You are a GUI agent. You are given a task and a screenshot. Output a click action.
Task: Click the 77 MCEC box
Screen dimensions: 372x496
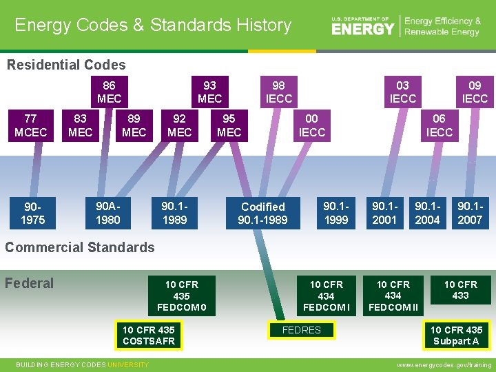pyautogui.click(x=30, y=125)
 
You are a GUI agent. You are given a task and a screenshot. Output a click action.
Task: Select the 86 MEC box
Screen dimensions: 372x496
pyautogui.click(x=109, y=92)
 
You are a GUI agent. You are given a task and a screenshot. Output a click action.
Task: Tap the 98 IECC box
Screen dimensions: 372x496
pyautogui.click(x=278, y=92)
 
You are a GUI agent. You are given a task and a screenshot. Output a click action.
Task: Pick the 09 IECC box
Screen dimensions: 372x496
pyautogui.click(x=474, y=92)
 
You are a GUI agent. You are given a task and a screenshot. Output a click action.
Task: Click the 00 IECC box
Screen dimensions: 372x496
pyautogui.click(x=311, y=125)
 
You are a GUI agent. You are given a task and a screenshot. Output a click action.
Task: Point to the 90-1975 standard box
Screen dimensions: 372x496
pyautogui.click(x=33, y=213)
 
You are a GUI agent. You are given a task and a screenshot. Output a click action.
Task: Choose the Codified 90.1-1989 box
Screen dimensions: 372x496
pyautogui.click(x=262, y=213)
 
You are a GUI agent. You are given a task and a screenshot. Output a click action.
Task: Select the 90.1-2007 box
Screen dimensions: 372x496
pyautogui.click(x=470, y=213)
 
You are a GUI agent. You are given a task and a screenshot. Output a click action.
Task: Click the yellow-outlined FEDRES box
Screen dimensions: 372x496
pyautogui.click(x=302, y=330)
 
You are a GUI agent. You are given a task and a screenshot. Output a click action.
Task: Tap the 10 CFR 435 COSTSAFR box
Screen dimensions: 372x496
pyautogui.click(x=149, y=335)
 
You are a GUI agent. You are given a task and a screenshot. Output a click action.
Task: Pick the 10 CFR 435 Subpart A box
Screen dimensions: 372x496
pyautogui.click(x=455, y=335)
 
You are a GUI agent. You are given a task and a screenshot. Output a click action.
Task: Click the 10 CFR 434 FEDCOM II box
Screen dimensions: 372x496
pyautogui.click(x=393, y=296)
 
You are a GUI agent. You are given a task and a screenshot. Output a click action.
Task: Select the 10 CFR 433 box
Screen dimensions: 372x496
pyautogui.click(x=460, y=290)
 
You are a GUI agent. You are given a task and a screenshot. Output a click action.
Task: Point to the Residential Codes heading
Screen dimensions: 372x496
pyautogui.click(x=66, y=65)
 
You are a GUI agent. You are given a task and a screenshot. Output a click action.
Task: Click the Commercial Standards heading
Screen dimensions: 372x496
pyautogui.click(x=80, y=247)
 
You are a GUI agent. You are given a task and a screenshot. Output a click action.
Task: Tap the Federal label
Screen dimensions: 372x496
pyautogui.click(x=29, y=283)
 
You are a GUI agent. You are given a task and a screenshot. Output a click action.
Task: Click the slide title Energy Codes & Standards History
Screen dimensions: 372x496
pyautogui.click(x=153, y=25)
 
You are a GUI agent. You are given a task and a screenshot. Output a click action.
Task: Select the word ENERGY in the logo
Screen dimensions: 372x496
pyautogui.click(x=362, y=28)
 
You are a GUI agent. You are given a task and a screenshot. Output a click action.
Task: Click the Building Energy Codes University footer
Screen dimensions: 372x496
pyautogui.click(x=82, y=364)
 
